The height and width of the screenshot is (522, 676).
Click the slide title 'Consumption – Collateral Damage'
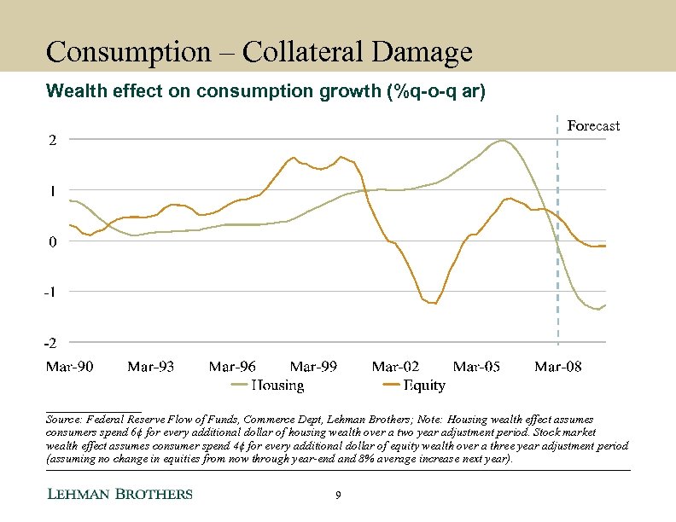(x=259, y=52)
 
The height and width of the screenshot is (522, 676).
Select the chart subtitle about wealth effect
(x=265, y=91)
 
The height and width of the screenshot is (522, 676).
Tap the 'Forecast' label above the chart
(x=593, y=125)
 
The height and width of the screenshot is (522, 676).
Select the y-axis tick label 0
(x=52, y=241)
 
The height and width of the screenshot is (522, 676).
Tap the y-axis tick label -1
(x=50, y=292)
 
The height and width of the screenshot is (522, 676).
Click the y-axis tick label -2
(x=50, y=343)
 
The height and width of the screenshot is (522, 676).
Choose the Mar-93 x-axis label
(x=150, y=367)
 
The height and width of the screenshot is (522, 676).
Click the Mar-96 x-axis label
(x=232, y=367)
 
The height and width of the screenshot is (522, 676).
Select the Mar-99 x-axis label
(x=313, y=367)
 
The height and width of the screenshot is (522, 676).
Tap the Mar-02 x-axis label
(x=395, y=367)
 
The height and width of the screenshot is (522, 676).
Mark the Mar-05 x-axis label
(x=476, y=367)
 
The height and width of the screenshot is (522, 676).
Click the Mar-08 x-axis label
(x=558, y=367)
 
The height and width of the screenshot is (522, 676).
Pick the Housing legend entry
(x=269, y=386)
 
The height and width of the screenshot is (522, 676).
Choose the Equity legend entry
(x=414, y=386)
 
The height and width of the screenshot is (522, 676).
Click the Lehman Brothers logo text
(x=119, y=495)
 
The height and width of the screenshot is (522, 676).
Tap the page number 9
(x=339, y=496)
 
